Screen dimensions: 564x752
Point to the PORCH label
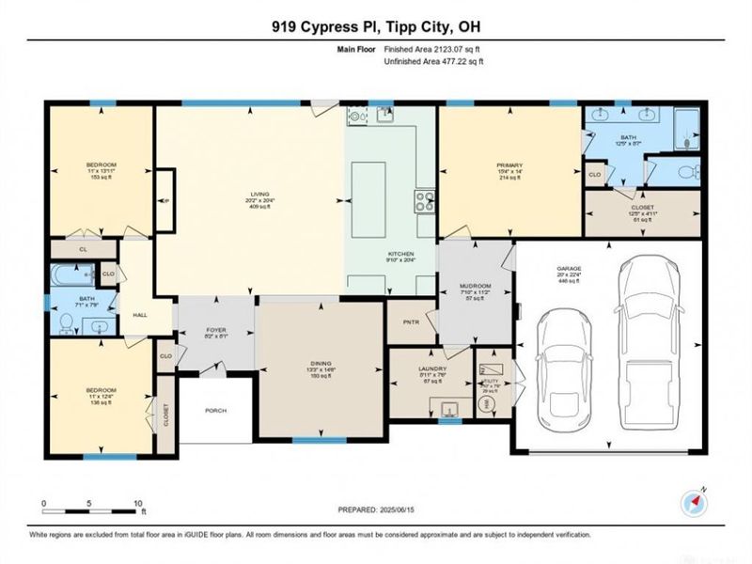(215, 410)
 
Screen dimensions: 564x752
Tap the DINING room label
(321, 364)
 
